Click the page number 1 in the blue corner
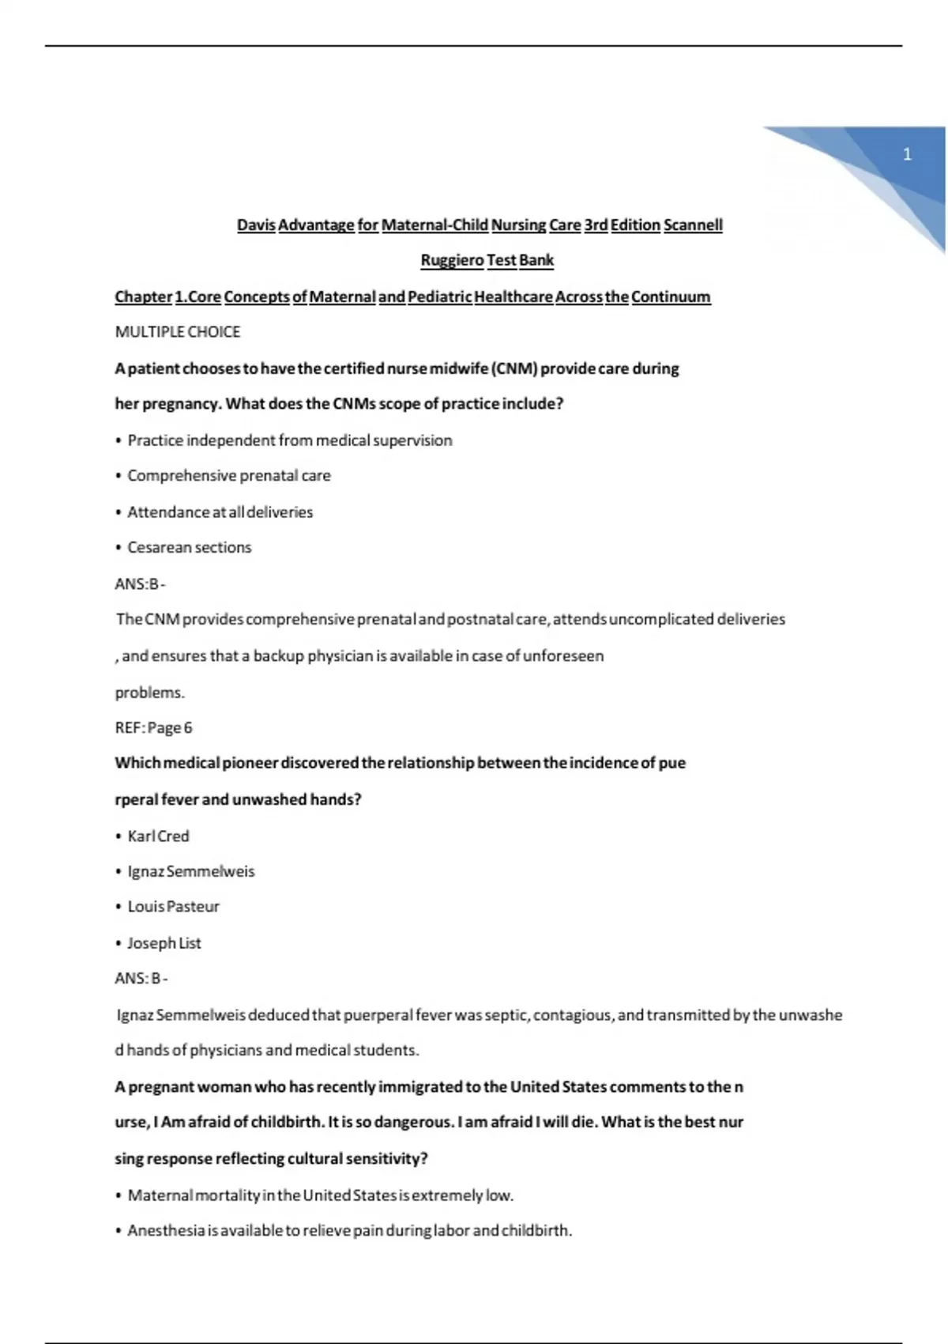[x=907, y=154]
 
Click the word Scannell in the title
[x=693, y=225]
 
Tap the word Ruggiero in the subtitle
[x=452, y=260]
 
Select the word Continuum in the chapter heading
[x=671, y=297]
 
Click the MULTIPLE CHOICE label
[x=178, y=332]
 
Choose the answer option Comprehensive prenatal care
[x=229, y=476]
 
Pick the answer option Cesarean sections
[x=190, y=548]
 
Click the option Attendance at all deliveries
[x=220, y=512]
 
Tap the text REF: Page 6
[x=154, y=728]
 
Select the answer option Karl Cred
[x=159, y=836]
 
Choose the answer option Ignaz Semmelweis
[x=191, y=872]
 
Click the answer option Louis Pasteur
[x=174, y=907]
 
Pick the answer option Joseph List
[x=164, y=943]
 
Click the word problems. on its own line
[x=150, y=693]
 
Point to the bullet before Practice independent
[x=118, y=441]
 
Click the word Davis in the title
[x=256, y=225]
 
